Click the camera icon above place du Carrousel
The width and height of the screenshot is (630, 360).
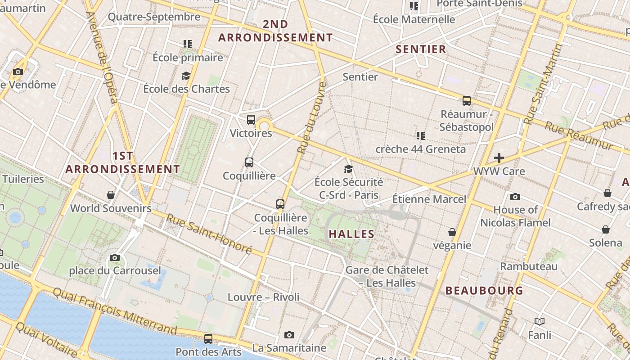(115, 258)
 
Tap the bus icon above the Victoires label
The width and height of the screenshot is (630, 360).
(251, 120)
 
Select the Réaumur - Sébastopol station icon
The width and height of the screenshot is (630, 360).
(467, 101)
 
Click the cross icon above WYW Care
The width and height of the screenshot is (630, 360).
(499, 158)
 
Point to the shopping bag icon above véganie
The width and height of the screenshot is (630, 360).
(452, 232)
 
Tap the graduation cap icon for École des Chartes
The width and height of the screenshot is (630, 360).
(186, 76)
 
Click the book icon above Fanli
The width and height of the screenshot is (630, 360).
(540, 321)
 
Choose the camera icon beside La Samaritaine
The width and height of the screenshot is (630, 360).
(289, 335)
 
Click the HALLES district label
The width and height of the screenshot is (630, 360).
(351, 234)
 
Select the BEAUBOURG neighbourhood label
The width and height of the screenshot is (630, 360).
(484, 291)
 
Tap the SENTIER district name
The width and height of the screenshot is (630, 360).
(421, 49)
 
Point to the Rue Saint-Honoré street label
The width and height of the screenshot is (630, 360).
(209, 234)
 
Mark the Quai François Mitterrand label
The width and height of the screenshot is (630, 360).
(115, 310)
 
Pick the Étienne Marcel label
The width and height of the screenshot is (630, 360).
(429, 199)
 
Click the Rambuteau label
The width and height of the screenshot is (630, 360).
(529, 266)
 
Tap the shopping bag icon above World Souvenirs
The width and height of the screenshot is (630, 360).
(111, 195)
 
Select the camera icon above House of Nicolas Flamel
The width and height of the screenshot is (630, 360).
(515, 197)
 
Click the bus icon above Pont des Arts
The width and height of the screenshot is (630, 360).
(208, 338)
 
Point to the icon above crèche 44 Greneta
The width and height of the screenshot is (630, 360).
(421, 135)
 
